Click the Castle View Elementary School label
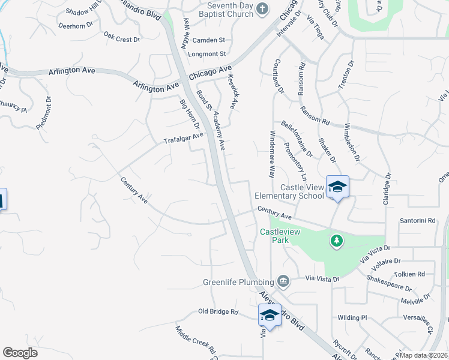[x=289, y=191]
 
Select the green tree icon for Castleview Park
[x=337, y=241]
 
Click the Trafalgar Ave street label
[x=184, y=139]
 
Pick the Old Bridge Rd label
[x=218, y=313]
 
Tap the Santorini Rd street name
[x=417, y=221]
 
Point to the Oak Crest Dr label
[x=121, y=37]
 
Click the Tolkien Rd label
[x=412, y=274]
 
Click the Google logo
[x=20, y=353]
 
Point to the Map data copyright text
[x=424, y=355]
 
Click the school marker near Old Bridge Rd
[x=270, y=316]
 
